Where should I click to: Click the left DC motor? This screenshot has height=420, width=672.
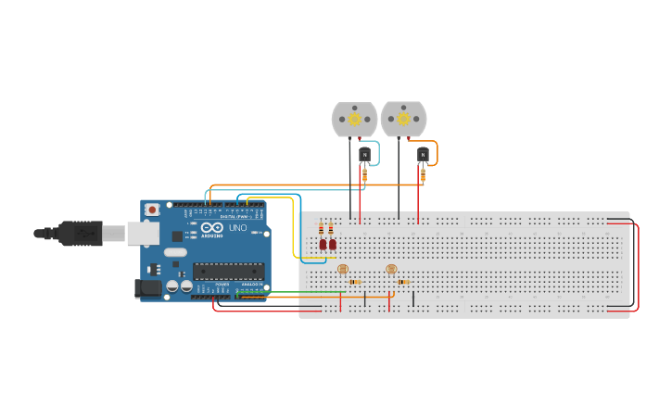(354, 120)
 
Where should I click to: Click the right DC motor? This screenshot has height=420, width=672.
(403, 120)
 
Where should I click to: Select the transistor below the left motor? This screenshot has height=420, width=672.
(364, 154)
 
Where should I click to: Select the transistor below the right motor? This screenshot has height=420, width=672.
(423, 154)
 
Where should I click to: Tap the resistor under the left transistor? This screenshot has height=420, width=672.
(364, 173)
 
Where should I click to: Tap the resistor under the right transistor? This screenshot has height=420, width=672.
(423, 173)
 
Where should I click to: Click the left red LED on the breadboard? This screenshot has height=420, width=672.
(323, 245)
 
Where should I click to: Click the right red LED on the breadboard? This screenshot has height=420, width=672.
(332, 245)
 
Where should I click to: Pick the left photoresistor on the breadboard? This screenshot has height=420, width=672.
(342, 269)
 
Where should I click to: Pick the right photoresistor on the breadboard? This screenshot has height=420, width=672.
(391, 269)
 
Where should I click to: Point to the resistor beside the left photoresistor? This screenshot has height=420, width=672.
(355, 281)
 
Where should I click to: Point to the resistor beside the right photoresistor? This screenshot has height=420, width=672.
(404, 281)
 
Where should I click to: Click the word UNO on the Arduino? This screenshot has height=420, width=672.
(238, 228)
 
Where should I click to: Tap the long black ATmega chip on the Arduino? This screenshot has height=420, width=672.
(228, 271)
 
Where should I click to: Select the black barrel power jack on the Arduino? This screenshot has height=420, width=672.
(148, 288)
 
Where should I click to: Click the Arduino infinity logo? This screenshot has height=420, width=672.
(212, 228)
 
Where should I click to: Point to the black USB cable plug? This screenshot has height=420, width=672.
(82, 234)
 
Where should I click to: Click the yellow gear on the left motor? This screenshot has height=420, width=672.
(354, 119)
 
